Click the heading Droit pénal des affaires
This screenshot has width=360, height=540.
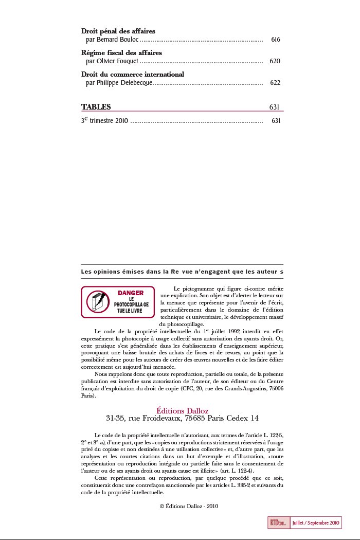tap(118, 31)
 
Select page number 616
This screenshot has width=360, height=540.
tap(275, 40)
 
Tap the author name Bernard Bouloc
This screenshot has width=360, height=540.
tap(117, 40)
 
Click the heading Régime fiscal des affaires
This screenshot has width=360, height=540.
tap(121, 52)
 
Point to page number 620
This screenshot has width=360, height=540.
tap(275, 61)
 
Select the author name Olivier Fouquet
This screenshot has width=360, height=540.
tap(118, 61)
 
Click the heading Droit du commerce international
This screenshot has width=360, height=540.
tap(133, 74)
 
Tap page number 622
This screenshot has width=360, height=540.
tap(275, 83)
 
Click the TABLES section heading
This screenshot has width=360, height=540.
tap(96, 107)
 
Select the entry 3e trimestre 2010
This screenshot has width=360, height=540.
tap(104, 121)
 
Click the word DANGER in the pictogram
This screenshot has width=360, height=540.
tap(131, 293)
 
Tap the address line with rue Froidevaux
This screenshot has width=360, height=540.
tap(182, 418)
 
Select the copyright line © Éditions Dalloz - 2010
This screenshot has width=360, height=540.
tap(189, 506)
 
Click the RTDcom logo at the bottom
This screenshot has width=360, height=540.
tap(278, 523)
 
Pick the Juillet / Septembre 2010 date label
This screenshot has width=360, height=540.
tap(315, 523)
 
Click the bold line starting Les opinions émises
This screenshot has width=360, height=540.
tap(182, 271)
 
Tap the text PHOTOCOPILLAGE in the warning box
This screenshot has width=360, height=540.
tap(131, 304)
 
